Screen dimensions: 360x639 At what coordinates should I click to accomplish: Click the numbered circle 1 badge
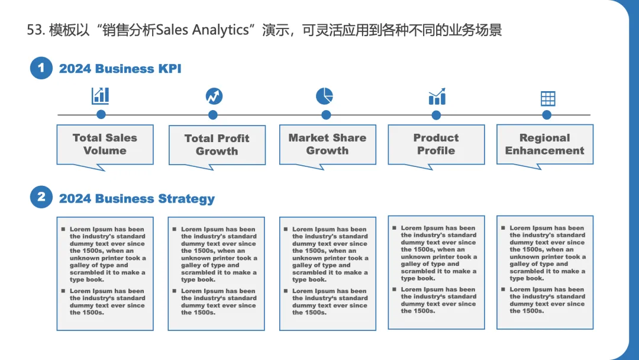coord(41,68)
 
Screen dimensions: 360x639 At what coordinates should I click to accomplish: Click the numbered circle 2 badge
coord(41,197)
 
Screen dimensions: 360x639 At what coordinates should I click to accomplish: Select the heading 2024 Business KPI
coord(120,69)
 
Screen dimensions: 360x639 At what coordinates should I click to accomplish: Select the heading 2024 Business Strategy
coord(137,199)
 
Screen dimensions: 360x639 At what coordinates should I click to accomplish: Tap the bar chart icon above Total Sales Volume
coord(101,96)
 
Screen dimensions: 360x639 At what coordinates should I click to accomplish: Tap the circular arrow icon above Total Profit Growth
coord(214,96)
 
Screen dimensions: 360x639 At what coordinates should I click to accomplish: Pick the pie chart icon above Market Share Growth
coord(324,96)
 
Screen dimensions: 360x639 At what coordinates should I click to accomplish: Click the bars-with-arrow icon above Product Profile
coord(437,97)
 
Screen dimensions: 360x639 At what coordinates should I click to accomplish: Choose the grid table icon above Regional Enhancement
coord(548,98)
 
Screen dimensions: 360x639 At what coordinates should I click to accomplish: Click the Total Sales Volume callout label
coord(105,144)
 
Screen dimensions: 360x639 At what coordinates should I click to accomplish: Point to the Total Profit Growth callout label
coord(217,145)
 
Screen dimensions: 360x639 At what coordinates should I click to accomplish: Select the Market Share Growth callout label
coord(327,144)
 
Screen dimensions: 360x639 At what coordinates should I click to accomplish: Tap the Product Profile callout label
coord(436,144)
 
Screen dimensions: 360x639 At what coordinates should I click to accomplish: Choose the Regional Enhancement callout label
coord(544,144)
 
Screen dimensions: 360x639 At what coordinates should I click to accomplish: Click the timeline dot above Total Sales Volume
coord(101,115)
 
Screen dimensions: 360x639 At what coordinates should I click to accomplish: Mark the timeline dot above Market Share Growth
coord(326,115)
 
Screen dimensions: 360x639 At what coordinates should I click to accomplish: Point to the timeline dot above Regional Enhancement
coord(547,115)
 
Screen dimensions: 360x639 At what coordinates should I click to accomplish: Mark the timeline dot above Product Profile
coord(436,115)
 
